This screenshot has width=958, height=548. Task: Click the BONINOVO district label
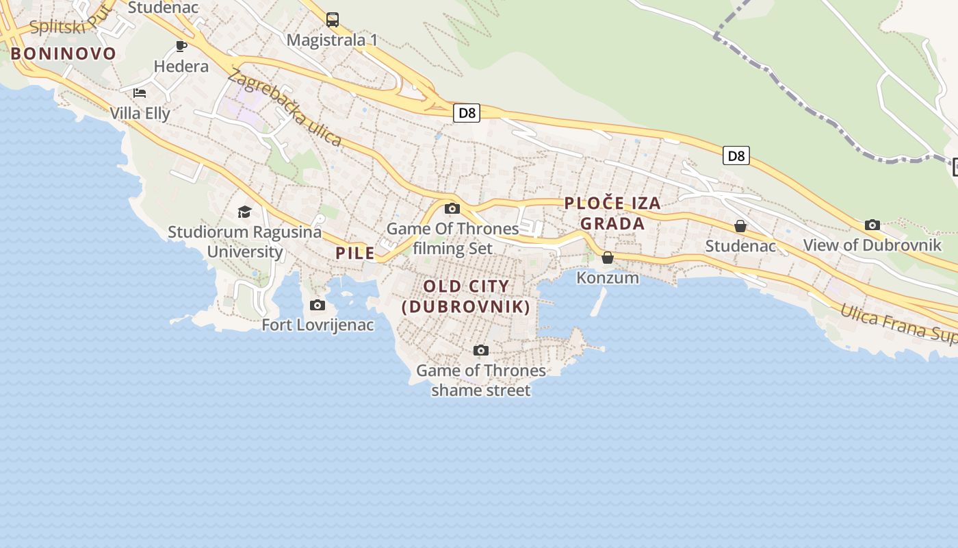(63, 53)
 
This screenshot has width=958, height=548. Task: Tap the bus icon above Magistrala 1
(333, 20)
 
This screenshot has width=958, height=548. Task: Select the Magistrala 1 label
(332, 40)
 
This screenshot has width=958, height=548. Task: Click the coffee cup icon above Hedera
(181, 46)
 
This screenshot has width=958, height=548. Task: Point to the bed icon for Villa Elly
(140, 93)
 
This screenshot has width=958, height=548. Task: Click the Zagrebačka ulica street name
(285, 108)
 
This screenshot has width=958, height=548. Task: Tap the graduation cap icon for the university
(244, 212)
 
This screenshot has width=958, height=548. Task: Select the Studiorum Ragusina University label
(244, 242)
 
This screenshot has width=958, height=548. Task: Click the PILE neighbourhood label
(355, 253)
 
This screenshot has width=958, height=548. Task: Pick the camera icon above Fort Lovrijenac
(318, 305)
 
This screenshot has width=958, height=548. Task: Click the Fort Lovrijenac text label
(318, 325)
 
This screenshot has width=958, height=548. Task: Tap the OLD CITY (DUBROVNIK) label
(466, 297)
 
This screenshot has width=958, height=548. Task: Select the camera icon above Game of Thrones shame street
(481, 351)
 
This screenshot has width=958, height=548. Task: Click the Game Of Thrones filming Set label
(452, 238)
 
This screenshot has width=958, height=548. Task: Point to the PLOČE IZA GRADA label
(612, 213)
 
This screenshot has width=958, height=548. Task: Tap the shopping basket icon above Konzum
(608, 258)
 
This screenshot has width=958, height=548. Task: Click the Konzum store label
(608, 277)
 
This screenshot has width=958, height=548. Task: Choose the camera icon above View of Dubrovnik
(872, 225)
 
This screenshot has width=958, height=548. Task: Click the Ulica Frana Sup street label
(898, 323)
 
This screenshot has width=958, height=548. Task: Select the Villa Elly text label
(140, 113)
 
